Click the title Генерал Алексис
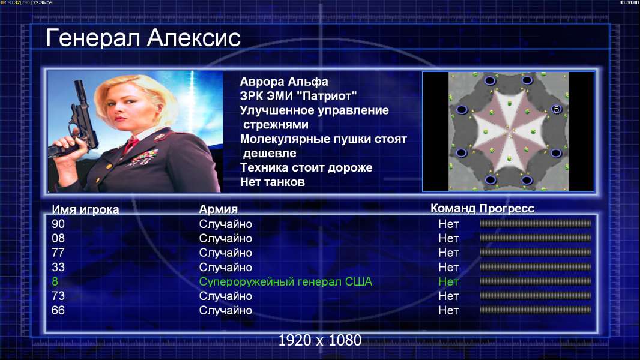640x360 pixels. tap(143, 38)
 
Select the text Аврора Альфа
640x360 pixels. tap(283, 82)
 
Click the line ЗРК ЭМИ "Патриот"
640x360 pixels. tap(298, 96)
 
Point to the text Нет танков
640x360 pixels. tap(272, 182)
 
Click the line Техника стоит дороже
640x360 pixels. tap(306, 167)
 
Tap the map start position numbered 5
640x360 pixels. tap(556, 109)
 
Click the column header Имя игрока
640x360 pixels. tap(85, 209)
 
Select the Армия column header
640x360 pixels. tap(218, 209)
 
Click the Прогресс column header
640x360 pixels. tap(507, 208)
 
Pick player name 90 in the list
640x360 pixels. tap(58, 224)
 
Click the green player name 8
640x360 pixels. tap(55, 282)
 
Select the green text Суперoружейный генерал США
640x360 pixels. tap(285, 282)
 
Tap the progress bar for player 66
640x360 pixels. tap(536, 310)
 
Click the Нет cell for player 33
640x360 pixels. tap(448, 268)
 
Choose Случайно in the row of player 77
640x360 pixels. tap(225, 253)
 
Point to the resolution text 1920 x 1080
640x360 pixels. tap(319, 340)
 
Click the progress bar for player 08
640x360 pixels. tap(536, 238)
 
